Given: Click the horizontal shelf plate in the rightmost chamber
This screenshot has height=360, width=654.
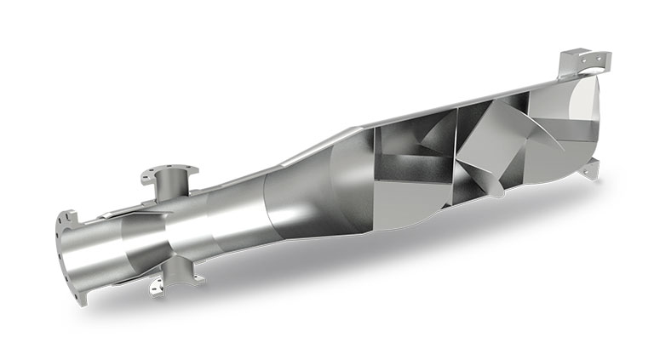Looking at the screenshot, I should pos(549,146).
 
